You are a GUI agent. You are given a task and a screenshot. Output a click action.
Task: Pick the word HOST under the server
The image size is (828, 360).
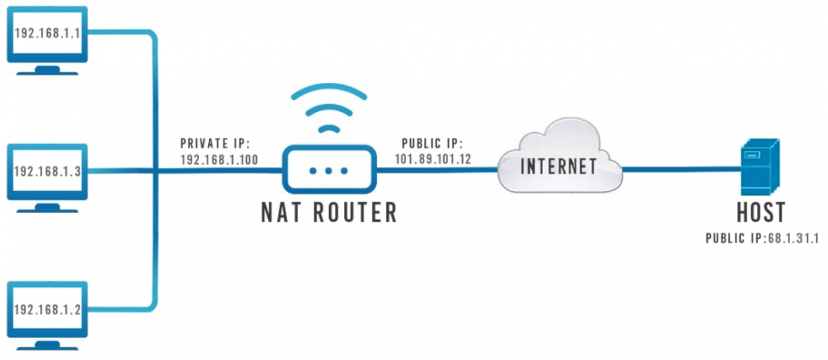tap(760, 212)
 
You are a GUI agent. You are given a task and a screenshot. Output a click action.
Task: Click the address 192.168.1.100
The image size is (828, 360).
tap(219, 160)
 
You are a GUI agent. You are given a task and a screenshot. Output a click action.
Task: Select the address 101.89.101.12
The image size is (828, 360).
tap(433, 159)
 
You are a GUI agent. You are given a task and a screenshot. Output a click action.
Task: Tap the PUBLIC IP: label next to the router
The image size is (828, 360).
tap(432, 143)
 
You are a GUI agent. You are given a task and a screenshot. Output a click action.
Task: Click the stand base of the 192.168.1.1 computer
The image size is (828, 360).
tap(47, 70)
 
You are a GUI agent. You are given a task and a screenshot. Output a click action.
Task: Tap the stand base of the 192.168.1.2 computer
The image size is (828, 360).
tap(47, 347)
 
